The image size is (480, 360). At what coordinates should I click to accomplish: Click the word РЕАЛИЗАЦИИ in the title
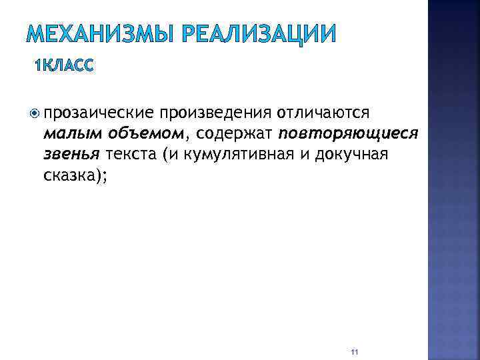click(x=257, y=33)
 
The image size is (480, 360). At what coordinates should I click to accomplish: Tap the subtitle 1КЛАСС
click(x=65, y=65)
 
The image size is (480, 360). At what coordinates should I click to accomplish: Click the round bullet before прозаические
click(x=37, y=113)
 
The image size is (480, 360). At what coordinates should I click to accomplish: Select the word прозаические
click(x=99, y=113)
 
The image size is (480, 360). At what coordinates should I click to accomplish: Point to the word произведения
click(x=214, y=113)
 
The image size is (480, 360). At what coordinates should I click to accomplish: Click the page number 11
click(x=354, y=351)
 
